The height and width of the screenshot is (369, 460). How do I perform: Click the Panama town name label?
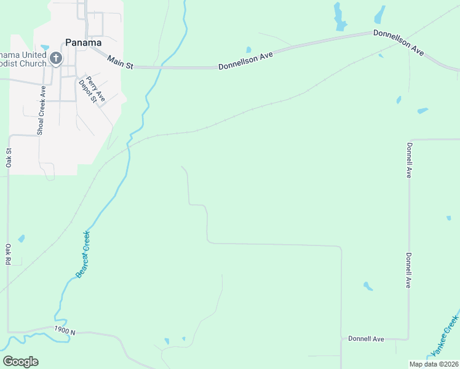click(84, 43)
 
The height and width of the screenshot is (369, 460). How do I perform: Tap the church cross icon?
click(55, 59)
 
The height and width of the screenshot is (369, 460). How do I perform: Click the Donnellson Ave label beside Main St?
click(245, 60)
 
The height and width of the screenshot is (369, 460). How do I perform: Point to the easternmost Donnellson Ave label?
click(399, 42)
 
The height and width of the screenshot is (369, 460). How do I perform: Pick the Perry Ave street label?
click(95, 89)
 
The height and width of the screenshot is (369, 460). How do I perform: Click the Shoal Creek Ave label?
click(41, 110)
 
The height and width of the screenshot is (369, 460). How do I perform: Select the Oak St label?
click(9, 157)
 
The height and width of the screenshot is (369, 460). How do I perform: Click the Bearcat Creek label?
click(82, 255)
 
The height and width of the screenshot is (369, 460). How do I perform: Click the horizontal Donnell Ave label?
click(366, 339)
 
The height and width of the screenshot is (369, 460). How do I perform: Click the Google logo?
click(20, 362)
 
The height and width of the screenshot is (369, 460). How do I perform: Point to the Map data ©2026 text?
click(434, 364)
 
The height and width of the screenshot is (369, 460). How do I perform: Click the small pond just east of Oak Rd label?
click(22, 238)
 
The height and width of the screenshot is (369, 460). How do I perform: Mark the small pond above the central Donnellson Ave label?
click(248, 50)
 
